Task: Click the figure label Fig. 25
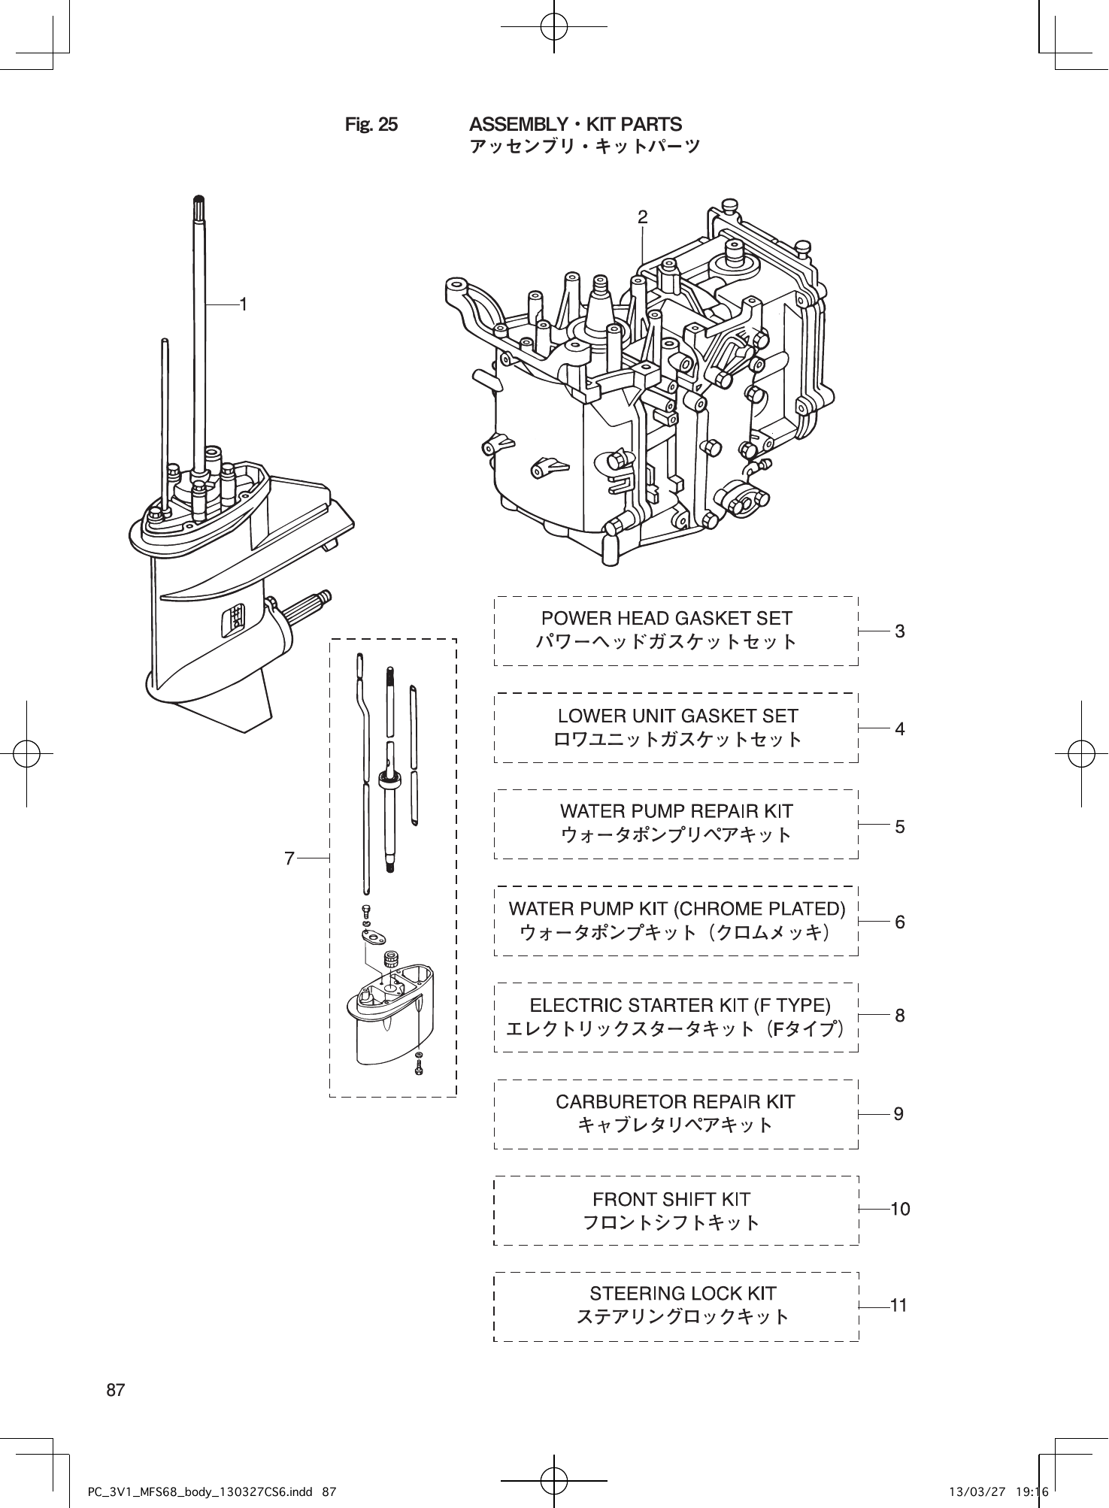pyautogui.click(x=371, y=124)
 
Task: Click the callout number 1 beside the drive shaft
pyautogui.click(x=243, y=304)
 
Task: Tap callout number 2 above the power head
pyautogui.click(x=642, y=217)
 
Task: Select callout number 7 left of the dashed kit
pyautogui.click(x=289, y=857)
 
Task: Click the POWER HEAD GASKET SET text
pyautogui.click(x=667, y=619)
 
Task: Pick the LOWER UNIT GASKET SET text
pyautogui.click(x=677, y=716)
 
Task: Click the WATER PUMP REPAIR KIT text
pyautogui.click(x=676, y=812)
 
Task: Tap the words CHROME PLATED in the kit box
pyautogui.click(x=760, y=909)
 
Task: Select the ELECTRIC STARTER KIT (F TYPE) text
pyautogui.click(x=680, y=1006)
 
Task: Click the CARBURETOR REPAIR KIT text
pyautogui.click(x=675, y=1102)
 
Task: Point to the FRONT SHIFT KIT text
pyautogui.click(x=671, y=1199)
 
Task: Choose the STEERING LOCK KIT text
pyautogui.click(x=683, y=1294)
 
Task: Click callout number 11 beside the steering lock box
pyautogui.click(x=898, y=1306)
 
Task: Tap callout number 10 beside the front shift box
pyautogui.click(x=899, y=1210)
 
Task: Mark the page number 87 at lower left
pyautogui.click(x=115, y=1390)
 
